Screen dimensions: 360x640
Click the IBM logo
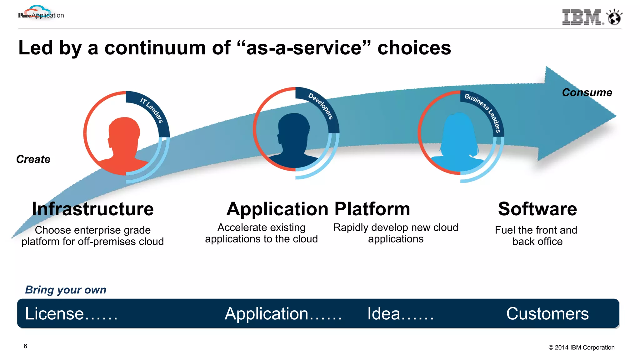tap(582, 17)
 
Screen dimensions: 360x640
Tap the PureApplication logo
tap(41, 14)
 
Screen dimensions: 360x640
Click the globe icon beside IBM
tap(614, 17)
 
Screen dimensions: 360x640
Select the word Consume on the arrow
tap(587, 92)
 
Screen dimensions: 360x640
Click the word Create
tap(33, 159)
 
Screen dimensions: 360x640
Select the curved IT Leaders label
tap(152, 110)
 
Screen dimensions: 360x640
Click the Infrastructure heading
tap(93, 209)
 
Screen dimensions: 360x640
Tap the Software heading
tap(537, 209)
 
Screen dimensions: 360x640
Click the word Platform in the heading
tap(372, 209)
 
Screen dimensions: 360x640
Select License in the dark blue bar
tap(55, 314)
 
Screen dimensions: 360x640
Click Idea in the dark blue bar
tap(384, 314)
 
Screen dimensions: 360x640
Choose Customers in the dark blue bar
tap(547, 314)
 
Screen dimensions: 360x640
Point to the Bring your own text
tap(66, 290)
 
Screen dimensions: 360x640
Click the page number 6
tap(25, 346)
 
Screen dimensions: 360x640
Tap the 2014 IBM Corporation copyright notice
tap(581, 347)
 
